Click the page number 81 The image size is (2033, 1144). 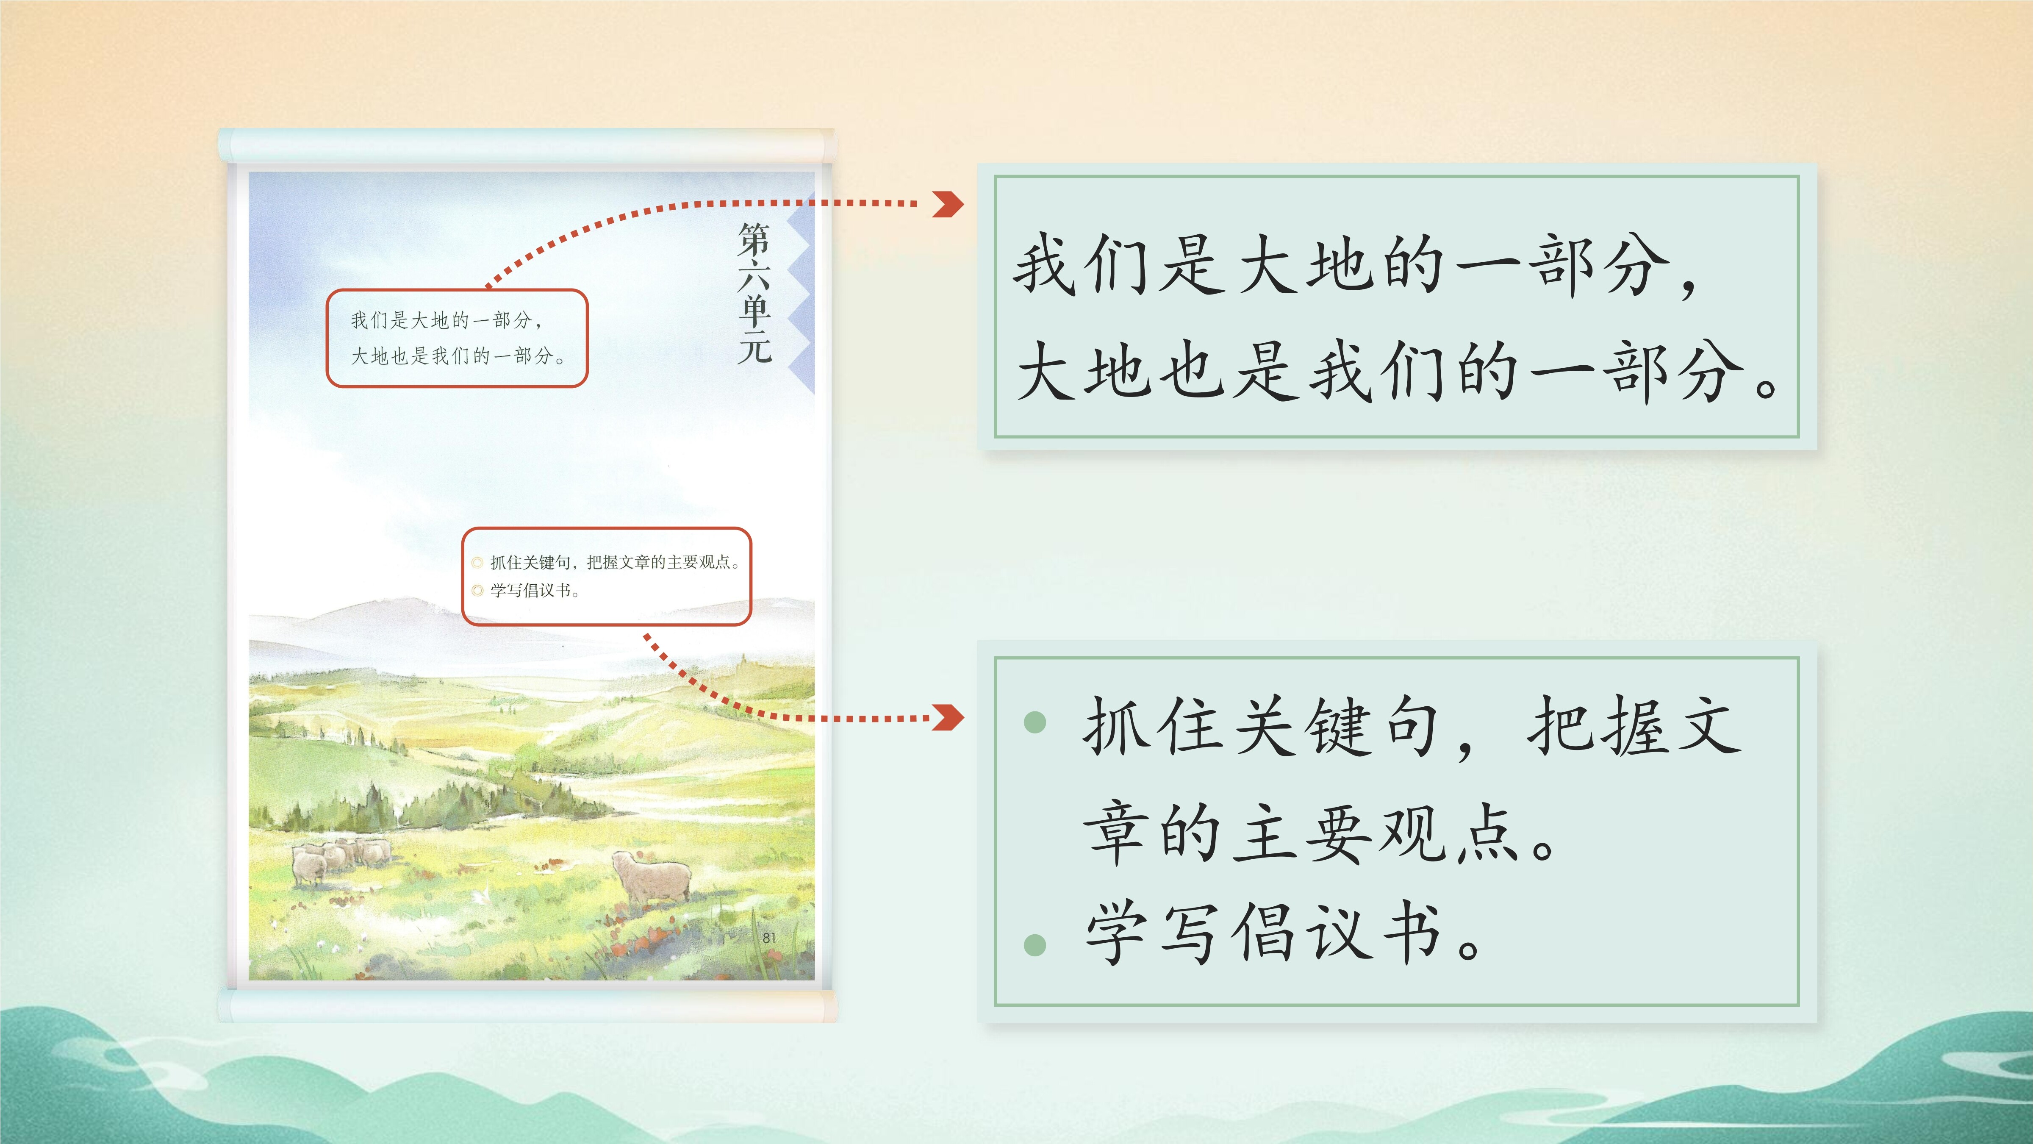[x=769, y=938]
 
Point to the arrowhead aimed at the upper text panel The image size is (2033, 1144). [x=948, y=204]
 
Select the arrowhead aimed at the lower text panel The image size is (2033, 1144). [x=948, y=718]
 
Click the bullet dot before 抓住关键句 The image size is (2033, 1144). [x=1035, y=722]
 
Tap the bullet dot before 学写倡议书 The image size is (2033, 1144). [x=1035, y=944]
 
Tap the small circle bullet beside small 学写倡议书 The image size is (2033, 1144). [x=477, y=591]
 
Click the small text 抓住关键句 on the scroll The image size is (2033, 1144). [x=530, y=562]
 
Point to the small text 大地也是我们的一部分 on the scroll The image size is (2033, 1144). [x=458, y=356]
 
